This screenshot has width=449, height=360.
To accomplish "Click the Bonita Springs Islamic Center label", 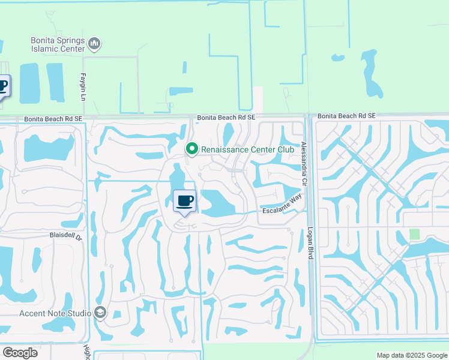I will [x=57, y=44].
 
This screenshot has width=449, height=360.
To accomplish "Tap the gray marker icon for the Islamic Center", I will [x=94, y=43].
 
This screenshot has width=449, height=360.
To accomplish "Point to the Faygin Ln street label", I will [x=83, y=88].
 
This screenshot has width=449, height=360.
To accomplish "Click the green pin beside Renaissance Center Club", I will [x=192, y=148].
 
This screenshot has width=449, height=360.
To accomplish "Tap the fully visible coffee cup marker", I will [x=184, y=201].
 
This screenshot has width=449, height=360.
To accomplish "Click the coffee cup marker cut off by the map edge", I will [x=3, y=86].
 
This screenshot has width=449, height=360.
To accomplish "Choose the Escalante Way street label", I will [x=282, y=206].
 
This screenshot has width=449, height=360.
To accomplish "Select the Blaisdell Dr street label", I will [x=69, y=236].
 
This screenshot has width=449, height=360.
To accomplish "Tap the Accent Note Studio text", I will [x=55, y=313].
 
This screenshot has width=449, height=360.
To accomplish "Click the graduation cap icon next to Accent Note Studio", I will [x=100, y=313].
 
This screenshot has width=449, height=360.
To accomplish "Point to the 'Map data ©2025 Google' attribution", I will [x=411, y=355].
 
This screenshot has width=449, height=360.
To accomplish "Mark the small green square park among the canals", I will [x=414, y=233].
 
